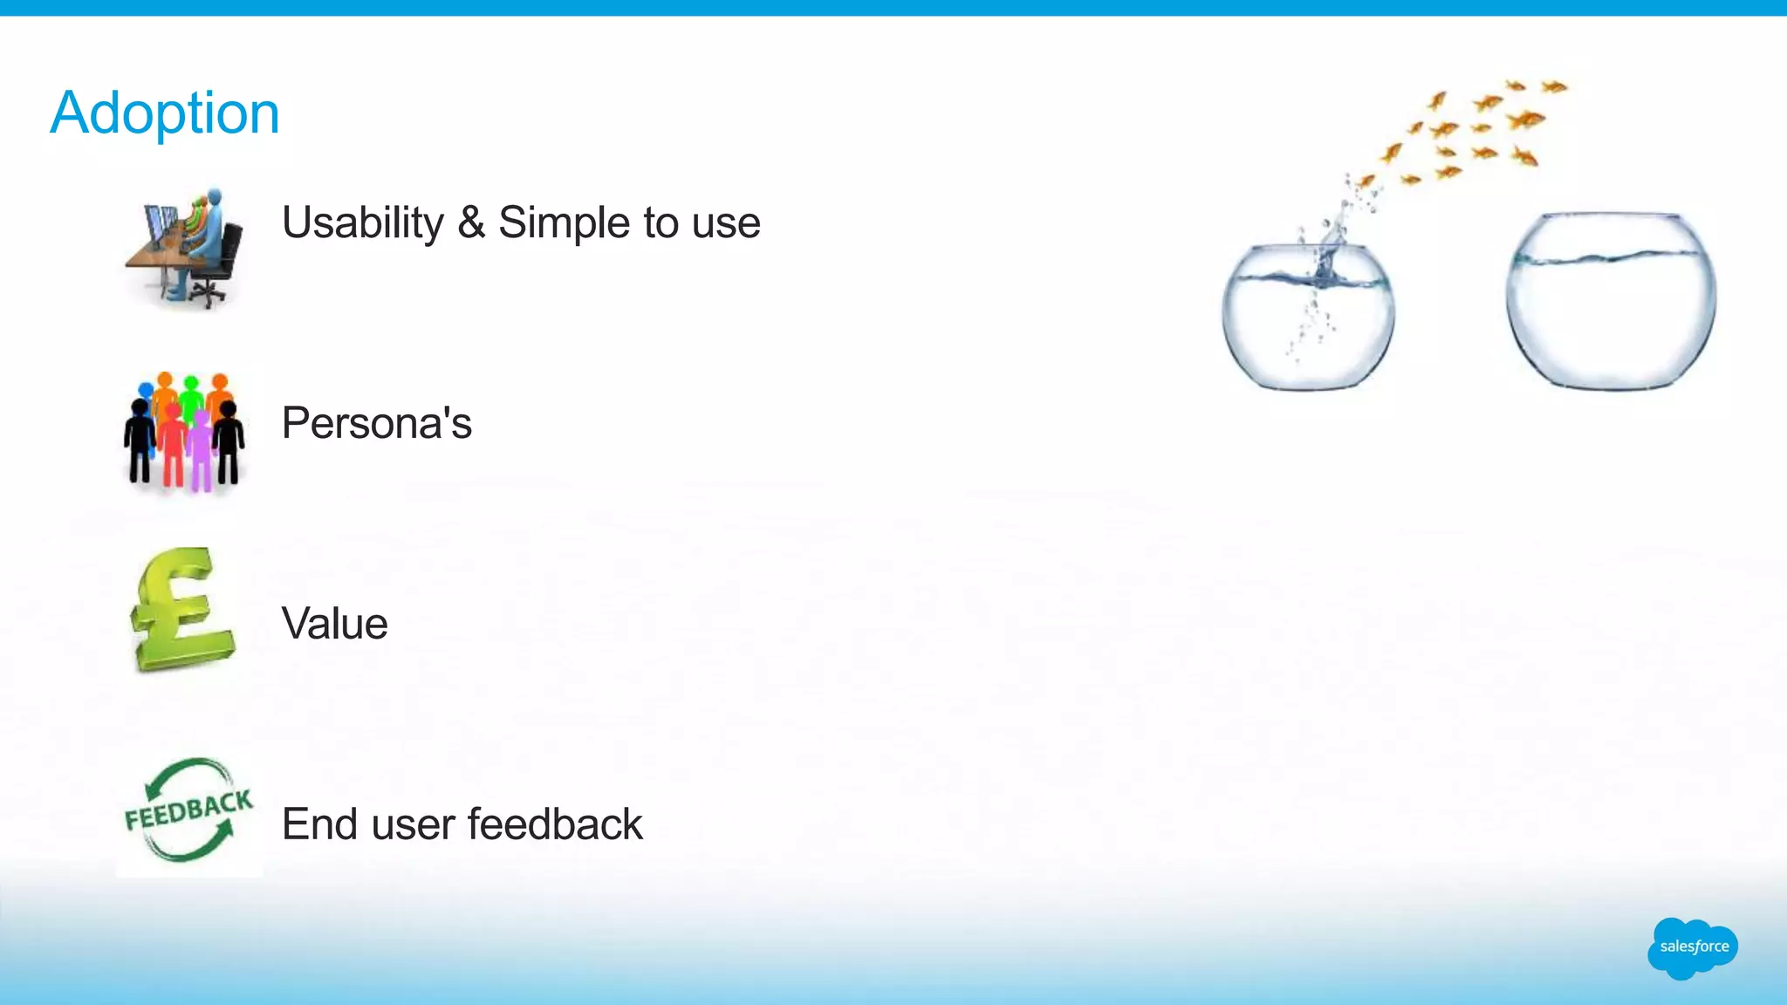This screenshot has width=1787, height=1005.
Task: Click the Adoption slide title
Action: pyautogui.click(x=165, y=113)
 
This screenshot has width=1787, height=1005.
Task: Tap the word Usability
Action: pyautogui.click(x=363, y=223)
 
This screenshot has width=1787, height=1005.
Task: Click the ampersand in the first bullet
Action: pyautogui.click(x=471, y=223)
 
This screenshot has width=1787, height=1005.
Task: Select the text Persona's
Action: pyautogui.click(x=376, y=424)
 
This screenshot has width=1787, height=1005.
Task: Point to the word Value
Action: pyautogui.click(x=334, y=625)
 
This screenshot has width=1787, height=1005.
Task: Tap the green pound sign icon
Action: pyautogui.click(x=181, y=611)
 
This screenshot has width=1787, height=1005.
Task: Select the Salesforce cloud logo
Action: pyautogui.click(x=1693, y=947)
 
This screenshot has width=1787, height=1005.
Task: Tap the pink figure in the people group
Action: pyautogui.click(x=202, y=449)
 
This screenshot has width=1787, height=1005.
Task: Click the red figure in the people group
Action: pyautogui.click(x=174, y=445)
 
